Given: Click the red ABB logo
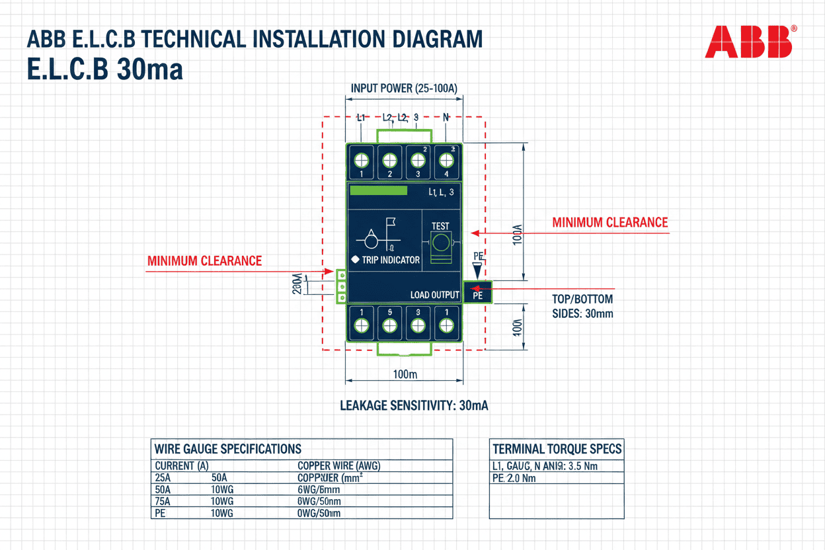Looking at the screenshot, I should [748, 42].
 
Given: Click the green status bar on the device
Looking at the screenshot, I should [378, 190].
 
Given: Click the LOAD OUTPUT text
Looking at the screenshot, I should [434, 295].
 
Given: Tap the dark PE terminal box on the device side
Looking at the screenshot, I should [478, 292].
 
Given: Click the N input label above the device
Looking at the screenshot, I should [446, 117].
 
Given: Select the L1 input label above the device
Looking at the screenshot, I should [361, 118].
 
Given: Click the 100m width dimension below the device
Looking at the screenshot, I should [405, 374].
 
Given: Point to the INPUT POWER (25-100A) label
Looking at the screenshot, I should [404, 88].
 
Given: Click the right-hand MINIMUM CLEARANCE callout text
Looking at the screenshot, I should [609, 223].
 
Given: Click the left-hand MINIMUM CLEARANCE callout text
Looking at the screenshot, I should [204, 261].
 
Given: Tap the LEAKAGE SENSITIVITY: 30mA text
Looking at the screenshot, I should [414, 405].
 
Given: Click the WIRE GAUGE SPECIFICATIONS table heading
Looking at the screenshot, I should [227, 449].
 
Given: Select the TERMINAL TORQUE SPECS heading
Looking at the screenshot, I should [557, 449].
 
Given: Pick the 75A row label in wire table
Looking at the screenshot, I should [162, 501].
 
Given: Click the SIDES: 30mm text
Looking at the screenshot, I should [582, 313].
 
